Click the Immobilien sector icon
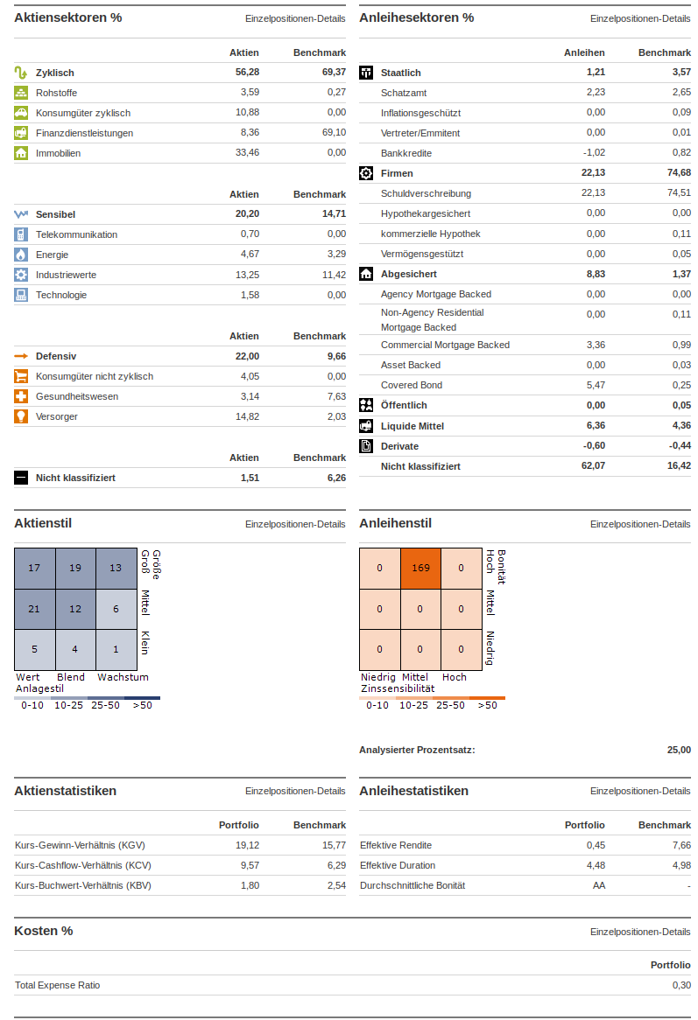coord(21,153)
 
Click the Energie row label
coord(52,255)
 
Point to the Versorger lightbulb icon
coord(21,416)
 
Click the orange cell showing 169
coord(420,569)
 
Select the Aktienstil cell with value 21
coord(34,609)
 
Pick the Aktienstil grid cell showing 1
coord(116,649)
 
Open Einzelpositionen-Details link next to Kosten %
coord(639,932)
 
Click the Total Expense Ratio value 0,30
coord(680,985)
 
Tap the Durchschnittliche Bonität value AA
coord(598,885)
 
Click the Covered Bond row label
coord(411,385)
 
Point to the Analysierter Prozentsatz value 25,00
coord(678,750)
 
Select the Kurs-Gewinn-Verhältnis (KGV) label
coord(80,845)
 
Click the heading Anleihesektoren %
coord(416,17)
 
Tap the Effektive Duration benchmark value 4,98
coord(679,865)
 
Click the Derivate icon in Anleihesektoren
coord(366,446)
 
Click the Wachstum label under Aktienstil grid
coord(123,677)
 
